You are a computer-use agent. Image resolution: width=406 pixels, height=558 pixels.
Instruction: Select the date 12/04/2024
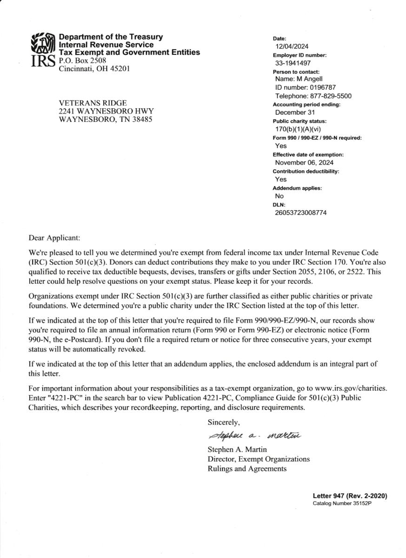[292, 46]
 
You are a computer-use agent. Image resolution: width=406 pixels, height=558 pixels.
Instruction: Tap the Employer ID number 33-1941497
[293, 63]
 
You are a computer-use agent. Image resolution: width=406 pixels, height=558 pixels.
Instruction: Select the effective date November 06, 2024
[304, 163]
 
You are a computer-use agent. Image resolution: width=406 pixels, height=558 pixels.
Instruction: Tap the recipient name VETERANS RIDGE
[93, 103]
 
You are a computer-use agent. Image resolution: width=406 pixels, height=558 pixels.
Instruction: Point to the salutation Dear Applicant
[54, 238]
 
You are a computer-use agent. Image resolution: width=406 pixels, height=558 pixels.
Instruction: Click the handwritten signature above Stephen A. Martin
[254, 436]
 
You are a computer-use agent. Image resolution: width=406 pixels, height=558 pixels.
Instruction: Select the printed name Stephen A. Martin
[237, 450]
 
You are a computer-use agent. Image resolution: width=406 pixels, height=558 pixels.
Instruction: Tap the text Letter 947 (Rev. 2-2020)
[350, 496]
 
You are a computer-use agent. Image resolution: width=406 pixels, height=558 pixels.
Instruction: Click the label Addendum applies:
[297, 188]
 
